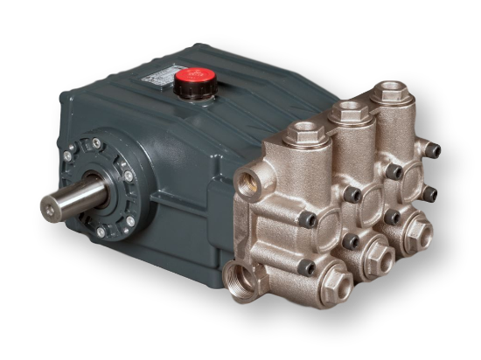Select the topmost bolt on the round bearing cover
(x=103, y=141)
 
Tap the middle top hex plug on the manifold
(x=351, y=111)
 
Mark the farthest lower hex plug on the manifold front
(x=418, y=230)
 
